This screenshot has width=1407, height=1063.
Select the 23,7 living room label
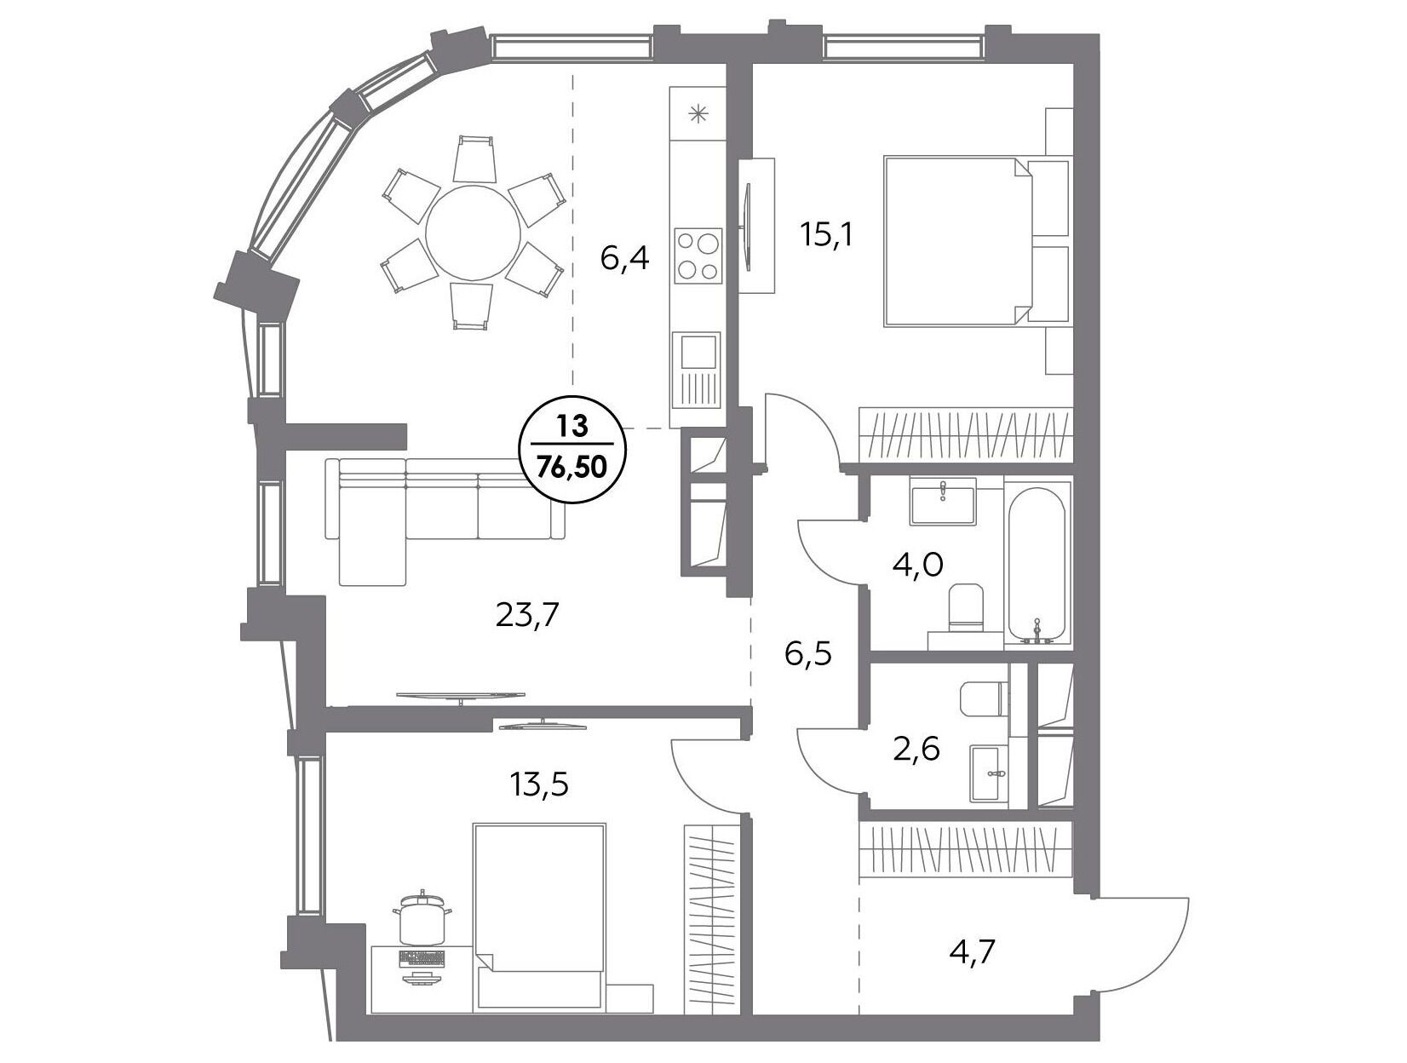pos(527,616)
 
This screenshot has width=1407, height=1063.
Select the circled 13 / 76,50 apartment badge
pos(571,449)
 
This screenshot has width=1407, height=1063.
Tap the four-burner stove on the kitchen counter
pos(698,254)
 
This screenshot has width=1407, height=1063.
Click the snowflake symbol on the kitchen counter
pos(698,115)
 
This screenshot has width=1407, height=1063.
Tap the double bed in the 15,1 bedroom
pos(975,240)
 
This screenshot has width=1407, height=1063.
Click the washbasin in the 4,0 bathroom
pos(942,503)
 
